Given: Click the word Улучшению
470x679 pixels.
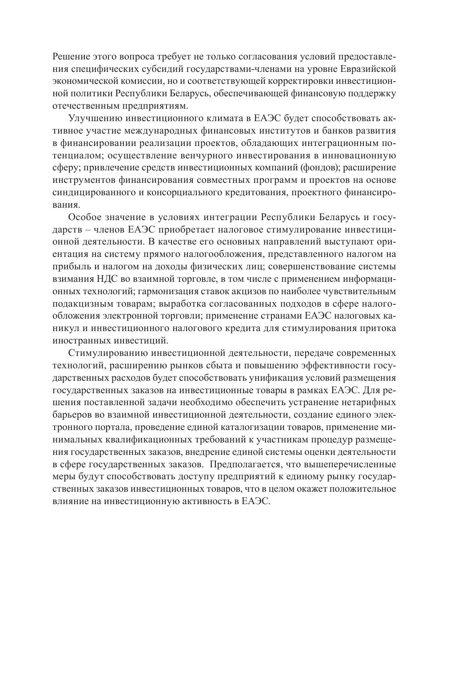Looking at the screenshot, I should coord(94,119).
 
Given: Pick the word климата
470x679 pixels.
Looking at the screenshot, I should coord(221,119).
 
